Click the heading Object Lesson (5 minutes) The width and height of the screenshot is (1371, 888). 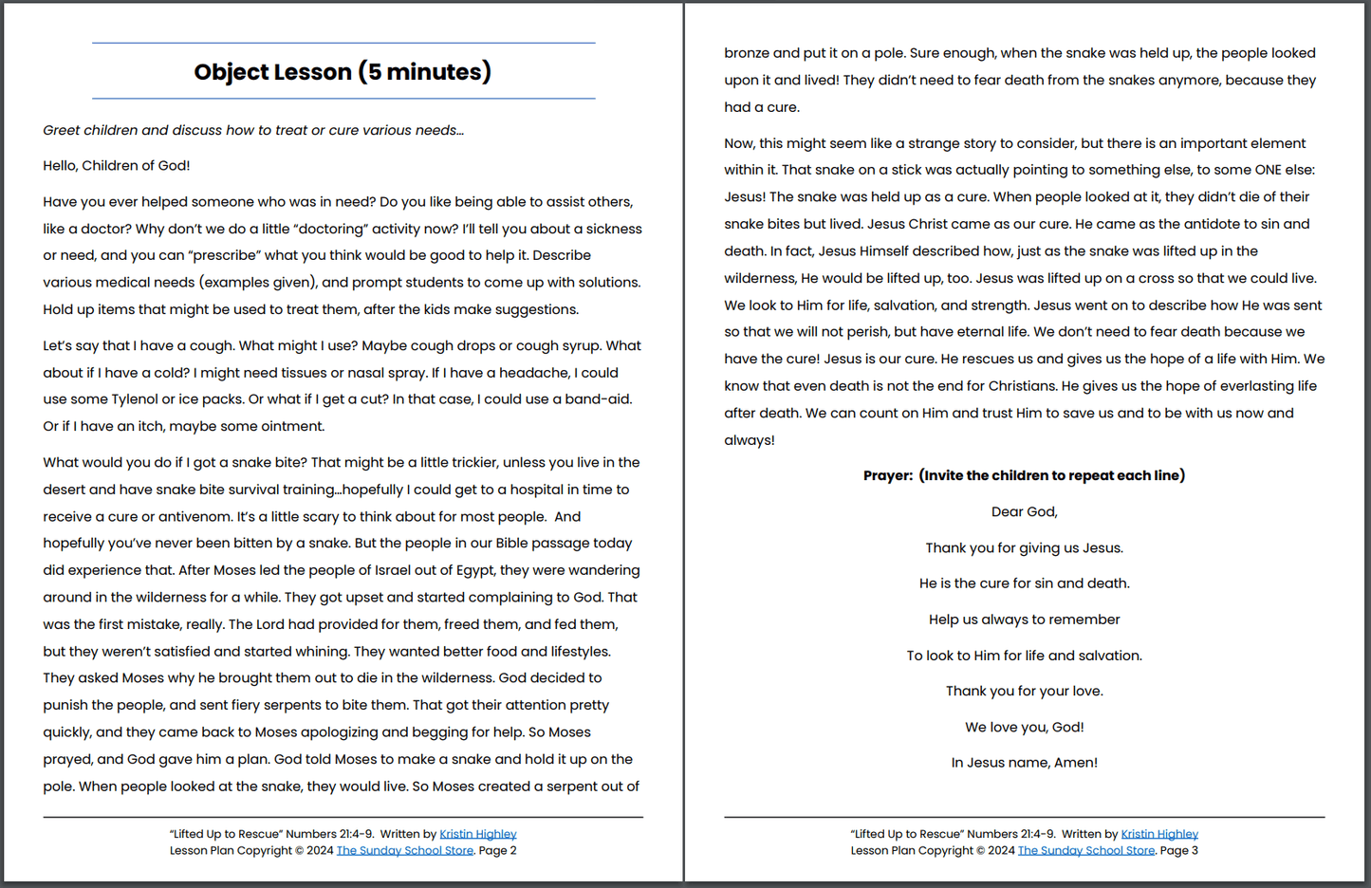(x=343, y=72)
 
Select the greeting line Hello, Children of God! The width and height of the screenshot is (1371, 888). (x=116, y=166)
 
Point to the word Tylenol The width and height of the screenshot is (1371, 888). (x=135, y=399)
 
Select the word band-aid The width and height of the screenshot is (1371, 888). (x=598, y=399)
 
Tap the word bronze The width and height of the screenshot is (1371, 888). (x=747, y=53)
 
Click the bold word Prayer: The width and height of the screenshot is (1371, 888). (x=887, y=476)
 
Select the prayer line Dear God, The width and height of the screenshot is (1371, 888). (x=1024, y=512)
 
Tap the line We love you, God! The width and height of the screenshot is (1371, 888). (x=1024, y=728)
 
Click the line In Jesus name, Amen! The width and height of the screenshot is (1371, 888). (x=1024, y=763)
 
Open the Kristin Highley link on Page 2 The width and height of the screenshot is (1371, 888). (x=477, y=835)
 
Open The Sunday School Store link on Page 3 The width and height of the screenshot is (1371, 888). (x=1085, y=851)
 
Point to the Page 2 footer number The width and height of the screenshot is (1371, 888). (x=498, y=851)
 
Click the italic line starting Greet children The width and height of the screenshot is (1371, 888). (x=252, y=131)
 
